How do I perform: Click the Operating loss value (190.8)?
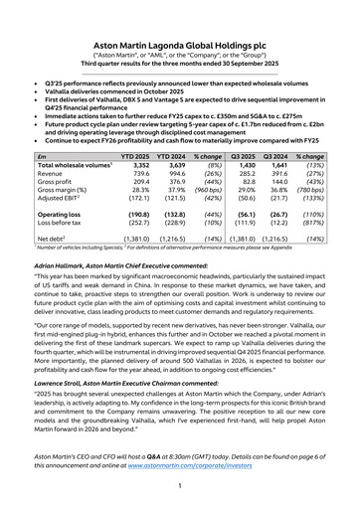167,214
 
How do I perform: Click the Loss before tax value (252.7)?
167,223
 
